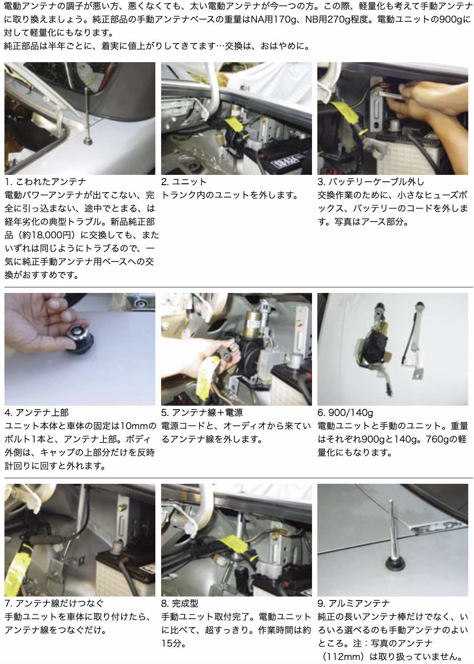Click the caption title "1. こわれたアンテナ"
point(45,182)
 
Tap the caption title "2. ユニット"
point(183,182)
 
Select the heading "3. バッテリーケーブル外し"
point(371,182)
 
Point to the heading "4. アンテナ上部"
point(37,413)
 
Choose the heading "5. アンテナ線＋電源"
point(202,413)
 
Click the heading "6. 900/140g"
point(345,413)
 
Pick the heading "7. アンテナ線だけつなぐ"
point(54,603)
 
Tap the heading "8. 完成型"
point(180,603)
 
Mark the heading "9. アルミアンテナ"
point(354,603)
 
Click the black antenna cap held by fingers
point(79,340)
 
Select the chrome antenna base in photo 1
point(88,141)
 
